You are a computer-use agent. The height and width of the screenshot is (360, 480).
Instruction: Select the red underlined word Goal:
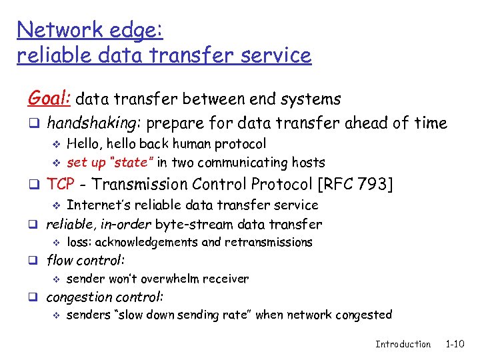pyautogui.click(x=49, y=99)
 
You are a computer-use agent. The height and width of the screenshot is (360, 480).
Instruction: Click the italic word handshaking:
pyautogui.click(x=94, y=123)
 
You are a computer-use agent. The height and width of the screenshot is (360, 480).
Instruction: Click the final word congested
pyautogui.click(x=365, y=315)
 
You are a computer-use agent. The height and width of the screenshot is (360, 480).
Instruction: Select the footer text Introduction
pyautogui.click(x=403, y=344)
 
